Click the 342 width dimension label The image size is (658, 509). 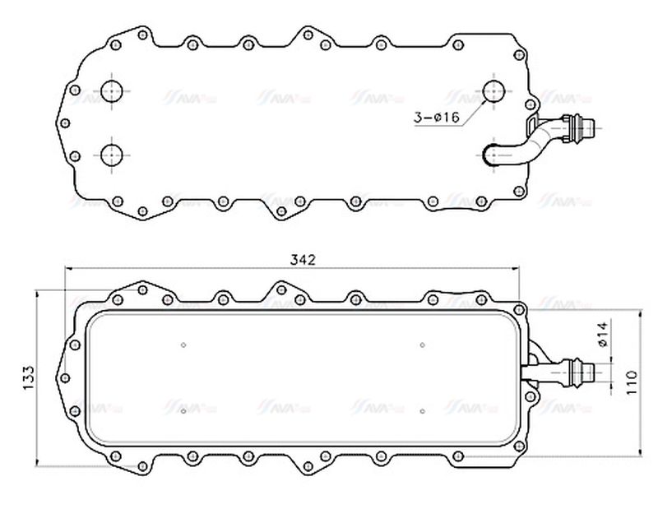click(304, 260)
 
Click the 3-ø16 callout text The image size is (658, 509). click(436, 118)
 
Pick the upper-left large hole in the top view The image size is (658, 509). click(112, 90)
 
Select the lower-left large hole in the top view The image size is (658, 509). click(112, 153)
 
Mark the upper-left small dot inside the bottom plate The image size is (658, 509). click(183, 345)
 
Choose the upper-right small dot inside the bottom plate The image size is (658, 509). click(422, 345)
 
